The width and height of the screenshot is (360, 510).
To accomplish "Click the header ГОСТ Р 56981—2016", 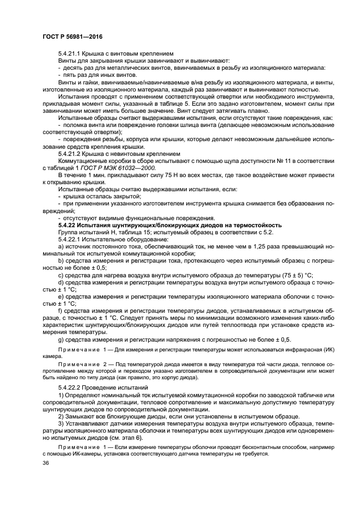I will pos(72,36).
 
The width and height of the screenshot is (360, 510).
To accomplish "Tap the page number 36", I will pos(45,463).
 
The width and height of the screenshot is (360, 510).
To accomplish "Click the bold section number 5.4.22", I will pos(68,224).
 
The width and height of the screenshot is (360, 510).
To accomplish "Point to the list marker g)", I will pos(61,338).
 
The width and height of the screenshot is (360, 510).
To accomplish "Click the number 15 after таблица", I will pos(121,232).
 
